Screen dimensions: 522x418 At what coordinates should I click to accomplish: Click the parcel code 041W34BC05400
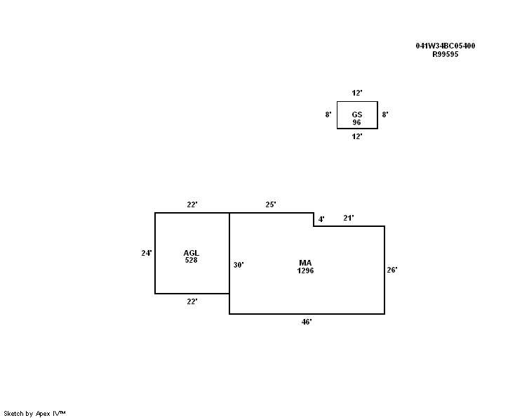(x=445, y=46)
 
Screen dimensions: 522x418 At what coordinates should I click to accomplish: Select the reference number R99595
(x=445, y=54)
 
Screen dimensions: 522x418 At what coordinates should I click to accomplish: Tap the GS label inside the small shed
(x=357, y=115)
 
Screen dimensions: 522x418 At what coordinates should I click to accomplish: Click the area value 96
(x=356, y=122)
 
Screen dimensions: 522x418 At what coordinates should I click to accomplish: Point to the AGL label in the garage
(x=191, y=253)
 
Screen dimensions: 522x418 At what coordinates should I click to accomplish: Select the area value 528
(x=191, y=260)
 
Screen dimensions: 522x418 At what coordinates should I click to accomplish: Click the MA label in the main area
(x=305, y=263)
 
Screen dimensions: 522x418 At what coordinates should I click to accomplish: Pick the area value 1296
(x=305, y=270)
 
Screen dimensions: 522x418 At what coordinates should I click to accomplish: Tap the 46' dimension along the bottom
(x=307, y=322)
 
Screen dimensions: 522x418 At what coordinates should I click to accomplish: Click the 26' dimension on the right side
(x=391, y=270)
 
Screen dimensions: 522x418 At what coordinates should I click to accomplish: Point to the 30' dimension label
(x=239, y=265)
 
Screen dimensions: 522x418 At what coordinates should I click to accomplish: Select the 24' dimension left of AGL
(x=147, y=254)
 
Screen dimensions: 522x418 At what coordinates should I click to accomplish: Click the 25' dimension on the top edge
(x=271, y=204)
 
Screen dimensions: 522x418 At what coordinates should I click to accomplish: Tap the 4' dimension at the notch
(x=321, y=219)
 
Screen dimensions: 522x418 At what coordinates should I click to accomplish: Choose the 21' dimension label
(x=349, y=218)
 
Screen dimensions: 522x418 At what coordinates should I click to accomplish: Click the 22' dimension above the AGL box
(x=192, y=204)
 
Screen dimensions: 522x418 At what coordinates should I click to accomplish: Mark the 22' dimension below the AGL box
(x=192, y=301)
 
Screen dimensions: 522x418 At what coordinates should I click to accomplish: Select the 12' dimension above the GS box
(x=357, y=93)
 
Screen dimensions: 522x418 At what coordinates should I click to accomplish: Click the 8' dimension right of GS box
(x=385, y=115)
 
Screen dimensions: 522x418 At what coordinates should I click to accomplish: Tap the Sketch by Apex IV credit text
(x=34, y=414)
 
